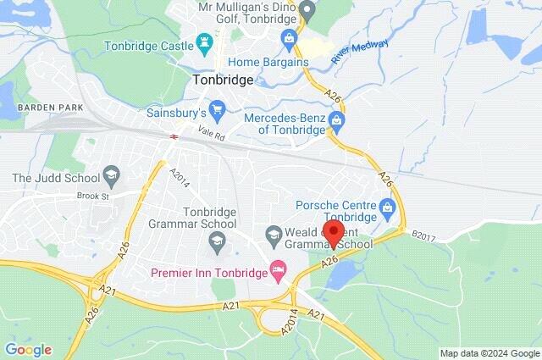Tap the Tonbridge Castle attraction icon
pos(204,41)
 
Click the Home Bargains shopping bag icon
pos(290,37)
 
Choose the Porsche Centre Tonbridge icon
pos(388,206)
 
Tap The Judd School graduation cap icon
pos(110,176)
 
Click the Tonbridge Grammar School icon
pos(215,244)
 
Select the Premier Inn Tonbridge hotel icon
pos(277,271)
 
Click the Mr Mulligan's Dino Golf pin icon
pos(308,12)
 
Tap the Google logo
pos(28,350)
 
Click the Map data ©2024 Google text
pos(489,352)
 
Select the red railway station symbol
pos(173,136)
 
